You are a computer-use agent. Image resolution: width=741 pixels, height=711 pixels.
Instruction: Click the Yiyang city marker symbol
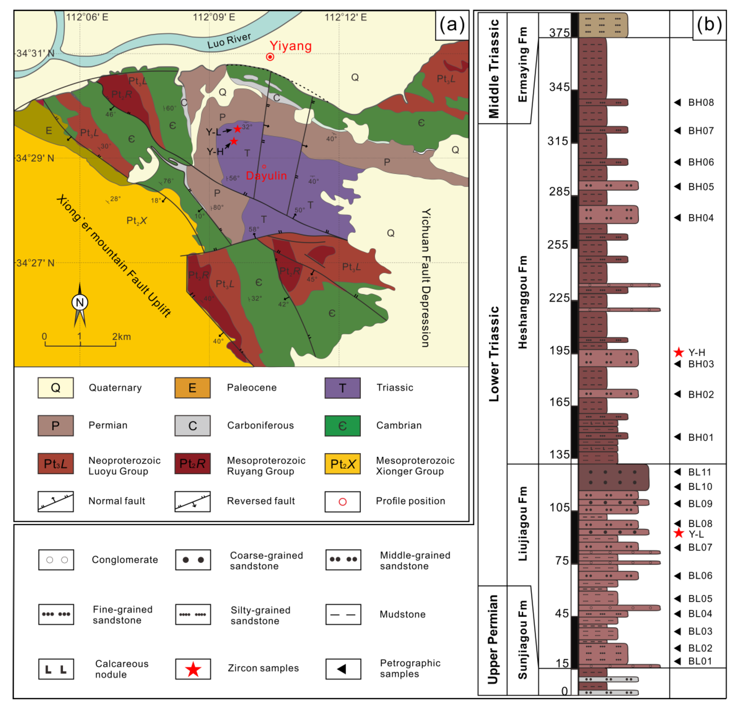[270, 57]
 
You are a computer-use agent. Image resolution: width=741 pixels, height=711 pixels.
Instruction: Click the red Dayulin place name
[266, 176]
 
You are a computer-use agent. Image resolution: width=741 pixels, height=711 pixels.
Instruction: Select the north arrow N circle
[80, 302]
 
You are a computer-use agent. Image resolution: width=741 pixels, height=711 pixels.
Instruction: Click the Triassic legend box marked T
[342, 388]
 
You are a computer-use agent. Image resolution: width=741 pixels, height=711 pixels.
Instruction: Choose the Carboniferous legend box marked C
[192, 425]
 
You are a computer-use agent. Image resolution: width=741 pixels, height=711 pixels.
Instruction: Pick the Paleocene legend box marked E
[192, 388]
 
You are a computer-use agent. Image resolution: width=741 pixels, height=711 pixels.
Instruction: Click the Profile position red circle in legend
[342, 502]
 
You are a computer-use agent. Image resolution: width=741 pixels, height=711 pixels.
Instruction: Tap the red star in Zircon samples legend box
[193, 669]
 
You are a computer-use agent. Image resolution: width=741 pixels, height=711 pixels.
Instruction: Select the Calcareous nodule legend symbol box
[56, 669]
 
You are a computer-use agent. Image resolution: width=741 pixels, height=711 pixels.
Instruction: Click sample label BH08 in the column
[701, 103]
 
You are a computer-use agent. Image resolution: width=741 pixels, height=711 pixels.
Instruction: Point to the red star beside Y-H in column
[679, 352]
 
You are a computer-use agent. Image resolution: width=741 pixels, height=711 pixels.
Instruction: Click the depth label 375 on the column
[559, 33]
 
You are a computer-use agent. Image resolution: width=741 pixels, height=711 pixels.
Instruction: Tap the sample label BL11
[699, 472]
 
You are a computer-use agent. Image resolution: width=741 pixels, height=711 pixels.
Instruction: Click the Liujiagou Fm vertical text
[523, 524]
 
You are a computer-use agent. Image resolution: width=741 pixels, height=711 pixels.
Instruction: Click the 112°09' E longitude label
[214, 17]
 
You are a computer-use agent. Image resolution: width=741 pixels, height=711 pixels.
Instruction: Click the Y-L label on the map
[213, 132]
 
